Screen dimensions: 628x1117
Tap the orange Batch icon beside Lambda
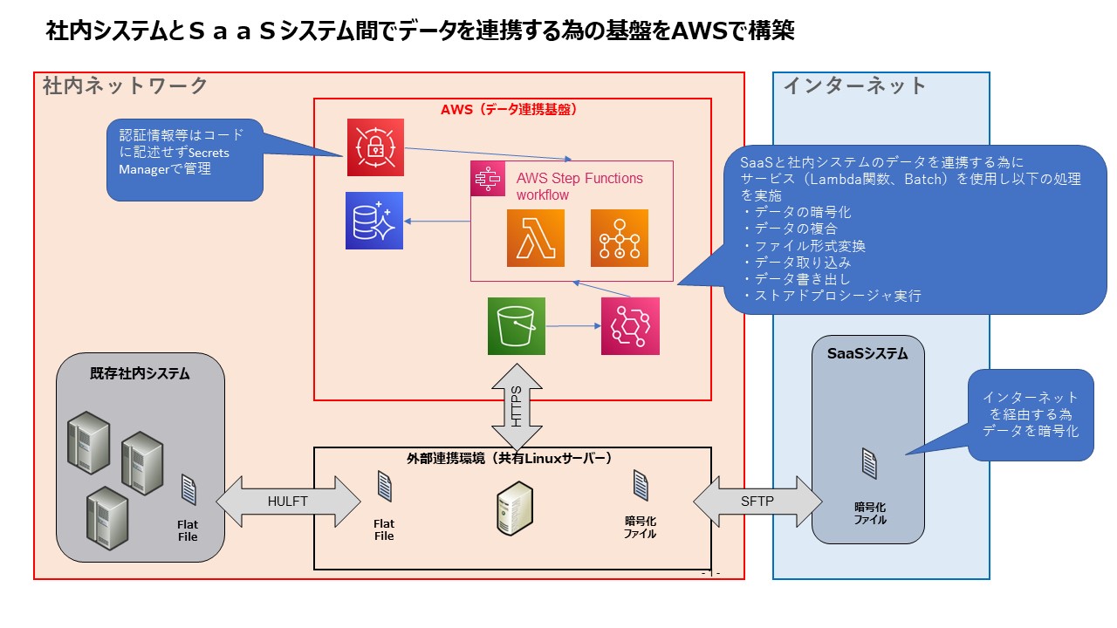point(620,238)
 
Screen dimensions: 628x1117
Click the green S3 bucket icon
point(517,326)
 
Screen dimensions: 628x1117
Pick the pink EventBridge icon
point(630,326)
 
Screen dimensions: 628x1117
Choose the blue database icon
point(373,221)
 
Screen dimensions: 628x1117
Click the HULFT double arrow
point(288,501)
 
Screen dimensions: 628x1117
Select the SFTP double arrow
point(757,501)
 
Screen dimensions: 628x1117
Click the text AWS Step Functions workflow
point(579,187)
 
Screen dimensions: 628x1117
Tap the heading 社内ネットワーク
point(126,86)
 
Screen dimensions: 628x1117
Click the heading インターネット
point(854,86)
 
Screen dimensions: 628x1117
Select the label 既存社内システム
point(140,374)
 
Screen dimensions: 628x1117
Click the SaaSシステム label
point(867,354)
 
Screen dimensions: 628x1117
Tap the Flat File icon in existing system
point(188,490)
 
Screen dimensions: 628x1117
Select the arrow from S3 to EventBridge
point(572,326)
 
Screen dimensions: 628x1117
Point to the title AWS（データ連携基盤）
point(512,110)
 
